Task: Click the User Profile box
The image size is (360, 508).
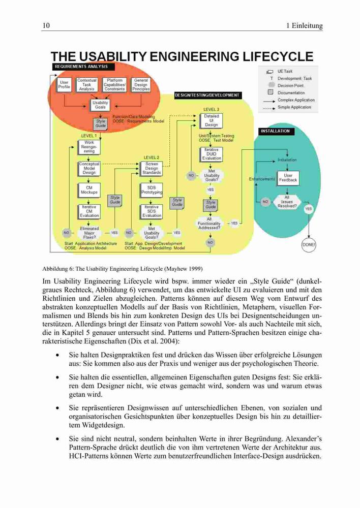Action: pyautogui.click(x=64, y=84)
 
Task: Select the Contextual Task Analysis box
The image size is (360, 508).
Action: pyautogui.click(x=86, y=84)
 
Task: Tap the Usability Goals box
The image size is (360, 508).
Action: pyautogui.click(x=100, y=105)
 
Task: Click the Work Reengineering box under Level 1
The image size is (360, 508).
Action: pyautogui.click(x=89, y=147)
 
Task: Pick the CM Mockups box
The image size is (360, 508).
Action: pyautogui.click(x=89, y=190)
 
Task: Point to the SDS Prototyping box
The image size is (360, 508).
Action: pyautogui.click(x=151, y=190)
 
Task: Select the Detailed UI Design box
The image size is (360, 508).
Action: pyautogui.click(x=211, y=120)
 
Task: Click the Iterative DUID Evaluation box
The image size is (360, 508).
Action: pyautogui.click(x=211, y=154)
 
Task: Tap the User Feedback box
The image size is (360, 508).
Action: pyautogui.click(x=288, y=178)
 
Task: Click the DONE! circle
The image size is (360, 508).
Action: pyautogui.click(x=309, y=245)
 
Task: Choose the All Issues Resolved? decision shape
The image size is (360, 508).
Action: pyautogui.click(x=287, y=202)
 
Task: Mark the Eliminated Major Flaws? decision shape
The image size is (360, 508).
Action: pyautogui.click(x=89, y=233)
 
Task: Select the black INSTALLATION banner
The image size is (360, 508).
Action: pyautogui.click(x=276, y=131)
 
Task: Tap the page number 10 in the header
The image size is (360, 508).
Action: pyautogui.click(x=46, y=25)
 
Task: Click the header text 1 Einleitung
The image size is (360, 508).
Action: pyautogui.click(x=304, y=25)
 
